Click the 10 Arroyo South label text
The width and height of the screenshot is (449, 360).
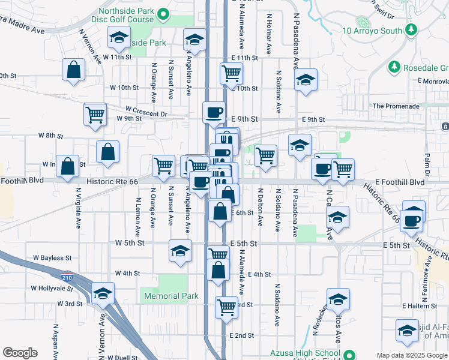pos(372,31)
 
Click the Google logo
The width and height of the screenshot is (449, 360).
pos(20,353)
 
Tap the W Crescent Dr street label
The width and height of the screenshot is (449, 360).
pos(146,112)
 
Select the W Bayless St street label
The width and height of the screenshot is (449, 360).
pos(52,258)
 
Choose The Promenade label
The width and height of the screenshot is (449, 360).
pos(396,106)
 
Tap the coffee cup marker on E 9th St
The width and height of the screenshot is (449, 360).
pos(214,112)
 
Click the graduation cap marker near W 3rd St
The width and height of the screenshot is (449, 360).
pos(103,294)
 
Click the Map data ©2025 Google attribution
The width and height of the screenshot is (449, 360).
pos(412,355)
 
